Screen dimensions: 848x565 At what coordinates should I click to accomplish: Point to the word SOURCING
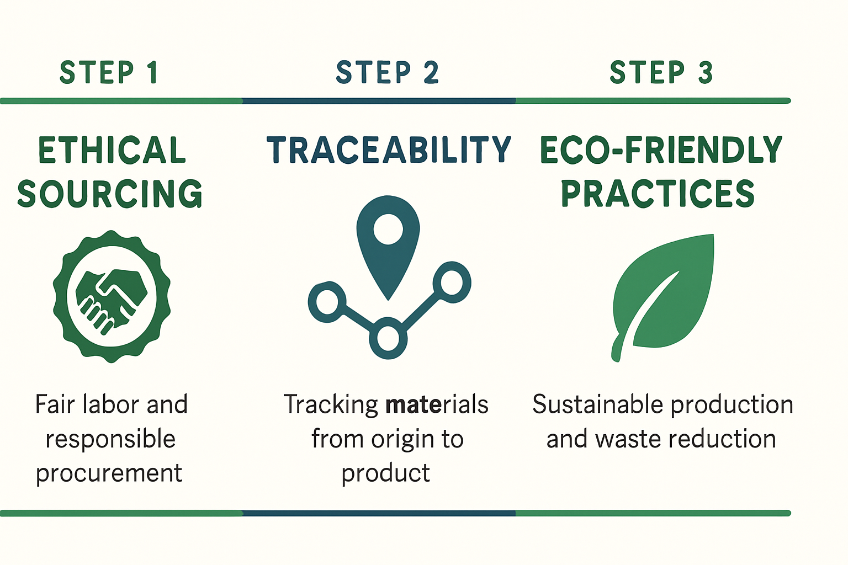(110, 194)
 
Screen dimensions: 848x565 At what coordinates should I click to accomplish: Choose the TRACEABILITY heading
(389, 150)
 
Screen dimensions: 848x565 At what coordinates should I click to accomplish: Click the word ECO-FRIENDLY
(661, 150)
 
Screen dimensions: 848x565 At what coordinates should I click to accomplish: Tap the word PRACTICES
(658, 194)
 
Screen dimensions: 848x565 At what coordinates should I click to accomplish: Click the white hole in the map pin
(388, 230)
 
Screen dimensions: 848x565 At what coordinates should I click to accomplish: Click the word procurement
(109, 473)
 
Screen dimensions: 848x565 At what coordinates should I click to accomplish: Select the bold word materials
(437, 404)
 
